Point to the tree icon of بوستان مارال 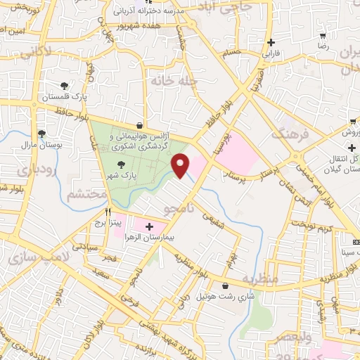(42, 134)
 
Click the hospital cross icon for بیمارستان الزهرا (149, 227)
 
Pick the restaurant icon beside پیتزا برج (108, 211)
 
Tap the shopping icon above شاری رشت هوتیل (224, 285)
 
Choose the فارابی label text (271, 53)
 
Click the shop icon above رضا (323, 35)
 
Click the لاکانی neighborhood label (35, 51)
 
